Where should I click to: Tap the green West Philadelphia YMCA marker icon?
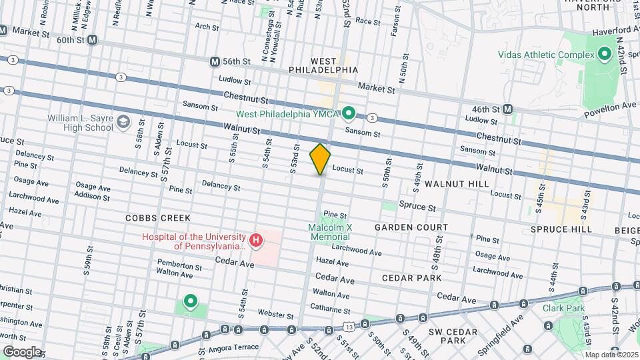coord(349,113)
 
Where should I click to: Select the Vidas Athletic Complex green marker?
coord(605,54)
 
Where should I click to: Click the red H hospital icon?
coord(255,239)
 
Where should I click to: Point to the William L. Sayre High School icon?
coord(123,121)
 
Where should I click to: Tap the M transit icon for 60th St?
coord(92,40)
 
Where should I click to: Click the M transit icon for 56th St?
coord(215,61)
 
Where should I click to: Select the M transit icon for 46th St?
coord(508,109)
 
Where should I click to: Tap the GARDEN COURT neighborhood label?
coord(411,227)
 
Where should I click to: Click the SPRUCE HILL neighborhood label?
coord(561,229)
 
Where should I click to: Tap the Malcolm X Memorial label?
coord(339,232)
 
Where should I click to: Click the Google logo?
coord(22,352)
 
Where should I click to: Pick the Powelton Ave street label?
coord(609,106)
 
